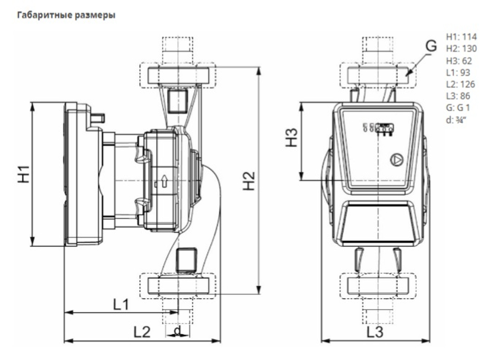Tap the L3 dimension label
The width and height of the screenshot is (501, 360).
[x=375, y=332]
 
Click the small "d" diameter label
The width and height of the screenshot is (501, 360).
[x=177, y=331]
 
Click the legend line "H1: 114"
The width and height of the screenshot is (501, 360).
[x=461, y=37]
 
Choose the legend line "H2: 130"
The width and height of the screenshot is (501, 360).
[x=461, y=49]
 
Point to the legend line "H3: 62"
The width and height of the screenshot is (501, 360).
[x=459, y=61]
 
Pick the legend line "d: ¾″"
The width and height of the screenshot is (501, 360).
[x=456, y=120]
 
